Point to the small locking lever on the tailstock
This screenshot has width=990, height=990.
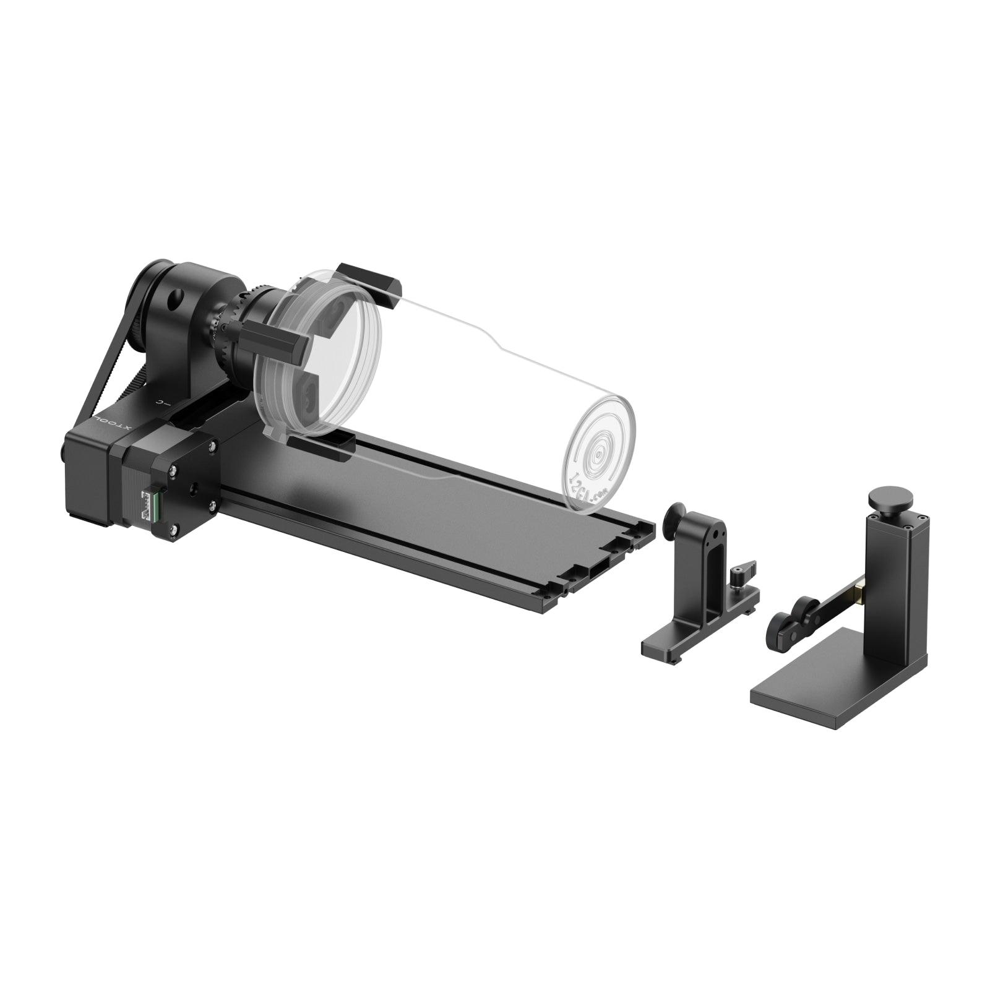(x=740, y=568)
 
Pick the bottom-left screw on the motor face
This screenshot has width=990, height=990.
(x=175, y=528)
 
